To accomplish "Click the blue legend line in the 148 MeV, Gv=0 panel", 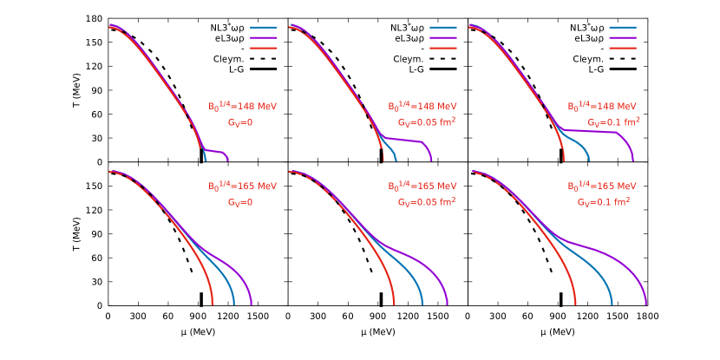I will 264,28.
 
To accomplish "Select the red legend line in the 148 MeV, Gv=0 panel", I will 264,49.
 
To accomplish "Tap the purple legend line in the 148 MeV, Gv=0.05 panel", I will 443,38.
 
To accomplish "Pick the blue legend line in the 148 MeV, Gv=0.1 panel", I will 623,28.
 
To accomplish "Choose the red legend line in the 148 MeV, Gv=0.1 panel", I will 623,49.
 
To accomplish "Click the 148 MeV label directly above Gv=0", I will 242,106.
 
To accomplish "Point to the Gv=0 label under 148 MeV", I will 240,122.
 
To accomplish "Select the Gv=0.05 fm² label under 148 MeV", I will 427,122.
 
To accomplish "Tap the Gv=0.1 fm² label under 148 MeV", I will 613,122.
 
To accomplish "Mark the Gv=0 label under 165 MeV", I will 240,202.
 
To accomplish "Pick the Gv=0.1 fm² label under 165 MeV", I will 604,202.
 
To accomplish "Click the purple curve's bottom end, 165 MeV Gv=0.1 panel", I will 646,303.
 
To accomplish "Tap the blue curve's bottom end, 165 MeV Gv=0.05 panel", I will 422,303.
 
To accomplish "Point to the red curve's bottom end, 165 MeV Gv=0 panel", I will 213,303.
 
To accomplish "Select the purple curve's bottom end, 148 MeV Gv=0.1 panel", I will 633,160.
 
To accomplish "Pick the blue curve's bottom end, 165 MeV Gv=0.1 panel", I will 612,303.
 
